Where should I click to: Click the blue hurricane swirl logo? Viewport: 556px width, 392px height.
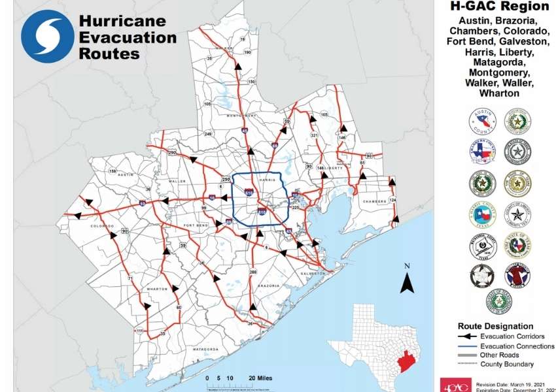48,36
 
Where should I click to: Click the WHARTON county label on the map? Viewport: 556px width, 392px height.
157,289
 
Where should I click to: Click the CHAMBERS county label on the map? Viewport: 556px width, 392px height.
375,201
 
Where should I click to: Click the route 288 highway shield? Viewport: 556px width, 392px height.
253,271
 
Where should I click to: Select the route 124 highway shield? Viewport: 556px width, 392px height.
392,199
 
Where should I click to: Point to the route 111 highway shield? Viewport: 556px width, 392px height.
139,331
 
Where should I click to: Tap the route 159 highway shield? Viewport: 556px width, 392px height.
113,171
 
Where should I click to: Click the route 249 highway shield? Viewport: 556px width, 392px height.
209,134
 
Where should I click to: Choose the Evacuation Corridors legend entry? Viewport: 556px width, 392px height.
510,336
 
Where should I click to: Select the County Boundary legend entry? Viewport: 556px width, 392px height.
506,364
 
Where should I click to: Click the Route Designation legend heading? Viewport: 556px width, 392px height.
495,325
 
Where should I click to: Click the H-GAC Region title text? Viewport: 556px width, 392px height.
500,7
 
